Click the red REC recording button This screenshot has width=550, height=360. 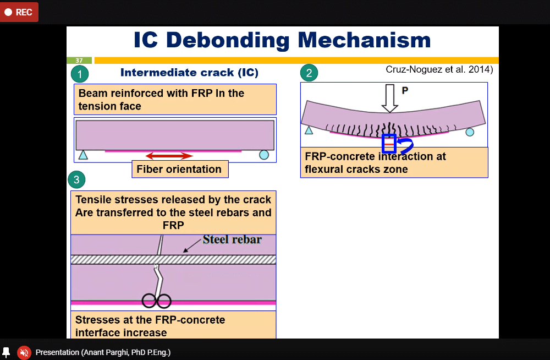[19, 12]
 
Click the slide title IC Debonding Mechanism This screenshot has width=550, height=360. [282, 40]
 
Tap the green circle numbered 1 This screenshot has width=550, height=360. [80, 74]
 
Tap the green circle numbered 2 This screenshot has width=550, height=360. [309, 73]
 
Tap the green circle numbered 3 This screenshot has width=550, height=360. [76, 179]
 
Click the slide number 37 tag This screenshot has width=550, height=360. [79, 60]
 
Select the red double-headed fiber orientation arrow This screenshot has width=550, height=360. [169, 156]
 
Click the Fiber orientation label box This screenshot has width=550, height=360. [179, 169]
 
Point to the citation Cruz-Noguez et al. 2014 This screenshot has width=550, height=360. [439, 70]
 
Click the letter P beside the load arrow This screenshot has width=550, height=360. [405, 91]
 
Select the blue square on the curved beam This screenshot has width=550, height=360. [389, 144]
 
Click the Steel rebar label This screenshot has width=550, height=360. [232, 239]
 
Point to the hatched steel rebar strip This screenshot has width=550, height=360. [173, 259]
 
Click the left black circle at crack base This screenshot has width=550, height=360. [149, 301]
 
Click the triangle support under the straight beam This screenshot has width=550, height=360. [83, 155]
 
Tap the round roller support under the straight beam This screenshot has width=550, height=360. [263, 155]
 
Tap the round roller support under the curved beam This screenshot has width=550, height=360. [470, 132]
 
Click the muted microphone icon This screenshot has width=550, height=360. [24, 352]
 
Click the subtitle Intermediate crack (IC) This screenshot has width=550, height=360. [189, 73]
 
